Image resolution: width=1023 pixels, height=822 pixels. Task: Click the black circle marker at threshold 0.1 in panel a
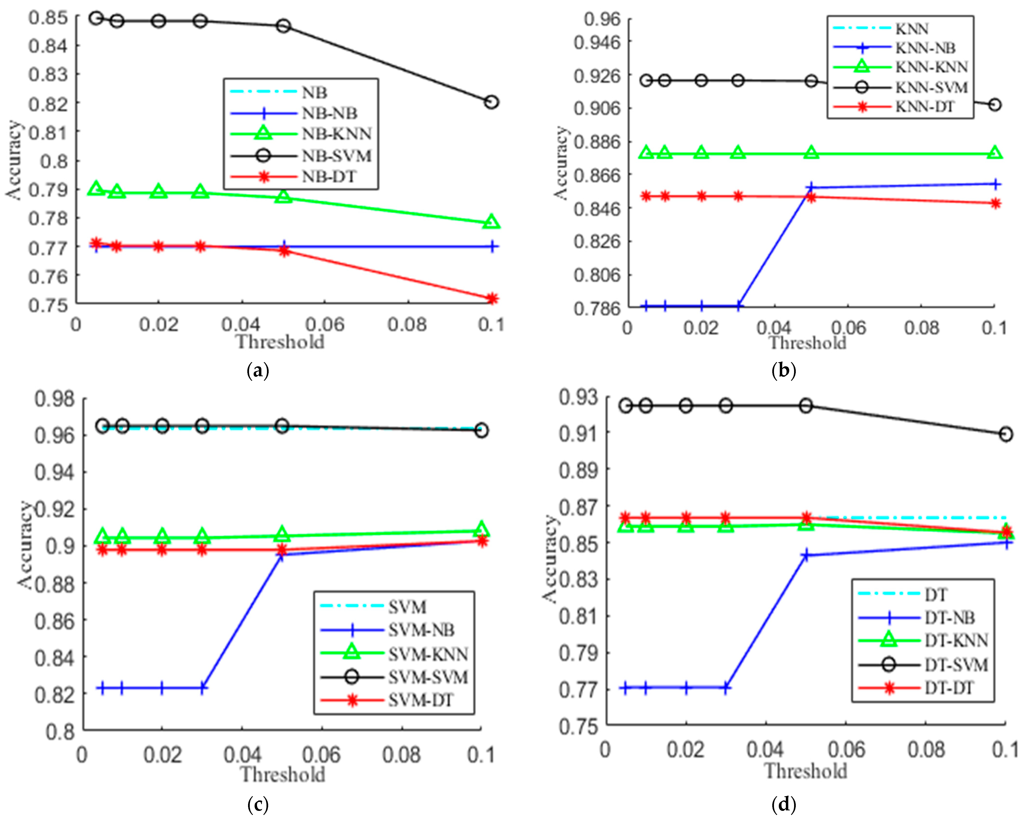[492, 102]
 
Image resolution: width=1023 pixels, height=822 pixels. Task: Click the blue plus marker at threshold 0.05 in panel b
[811, 187]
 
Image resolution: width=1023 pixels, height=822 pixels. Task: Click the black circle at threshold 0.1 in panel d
[1006, 434]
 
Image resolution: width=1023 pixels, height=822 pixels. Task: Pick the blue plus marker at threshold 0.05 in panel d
[806, 555]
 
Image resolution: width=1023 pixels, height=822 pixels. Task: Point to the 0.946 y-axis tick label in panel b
[597, 43]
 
